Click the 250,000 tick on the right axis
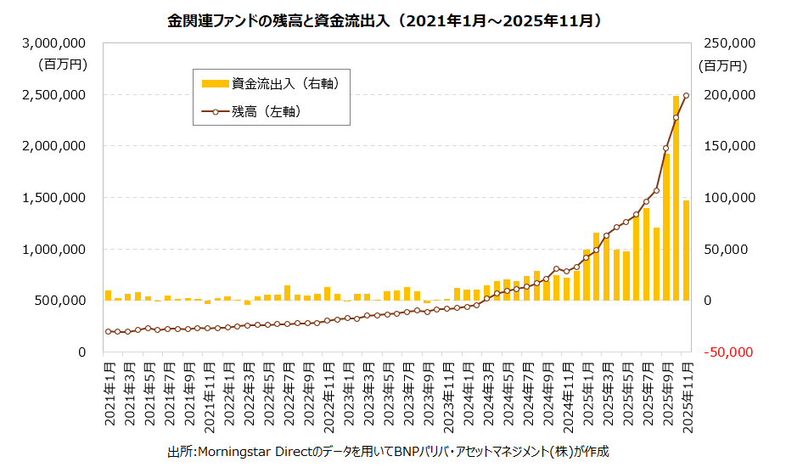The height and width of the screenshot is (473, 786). (727, 42)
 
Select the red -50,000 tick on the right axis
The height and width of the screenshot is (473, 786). (727, 352)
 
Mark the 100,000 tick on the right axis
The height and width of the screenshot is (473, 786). (727, 197)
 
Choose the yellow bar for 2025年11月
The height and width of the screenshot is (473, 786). (687, 251)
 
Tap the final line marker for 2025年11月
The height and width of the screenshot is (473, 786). (687, 95)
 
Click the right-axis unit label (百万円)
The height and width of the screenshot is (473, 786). (722, 65)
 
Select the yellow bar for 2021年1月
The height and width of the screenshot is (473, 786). (109, 296)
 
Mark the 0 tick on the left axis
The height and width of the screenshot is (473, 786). (81, 352)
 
